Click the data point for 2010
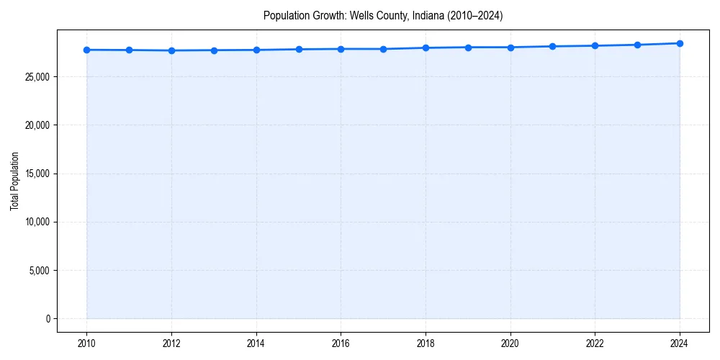(86, 50)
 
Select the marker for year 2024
(680, 43)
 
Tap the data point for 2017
(383, 49)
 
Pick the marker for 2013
(214, 50)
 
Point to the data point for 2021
(552, 46)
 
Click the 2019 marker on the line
(468, 48)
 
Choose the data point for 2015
(299, 49)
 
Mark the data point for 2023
(637, 45)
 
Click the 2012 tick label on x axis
(171, 343)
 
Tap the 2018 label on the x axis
(426, 343)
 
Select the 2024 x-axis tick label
(680, 343)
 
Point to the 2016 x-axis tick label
(341, 343)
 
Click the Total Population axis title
(14, 181)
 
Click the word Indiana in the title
(423, 15)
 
